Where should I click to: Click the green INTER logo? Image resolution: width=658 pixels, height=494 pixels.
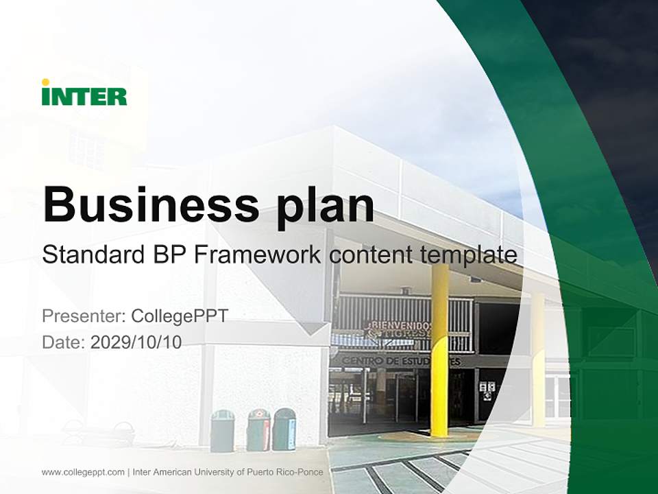(84, 96)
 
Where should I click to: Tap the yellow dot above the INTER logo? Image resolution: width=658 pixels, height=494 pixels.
(45, 82)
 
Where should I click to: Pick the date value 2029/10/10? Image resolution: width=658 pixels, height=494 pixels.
(136, 342)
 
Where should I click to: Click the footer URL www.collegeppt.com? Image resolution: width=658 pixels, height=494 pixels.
(83, 472)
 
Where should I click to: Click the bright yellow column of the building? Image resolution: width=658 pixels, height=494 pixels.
(439, 350)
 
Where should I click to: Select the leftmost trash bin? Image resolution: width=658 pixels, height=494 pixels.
(222, 430)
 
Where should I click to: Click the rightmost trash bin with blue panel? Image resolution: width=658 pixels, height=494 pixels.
(284, 429)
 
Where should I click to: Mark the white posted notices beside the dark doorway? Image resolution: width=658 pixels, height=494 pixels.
(487, 390)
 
